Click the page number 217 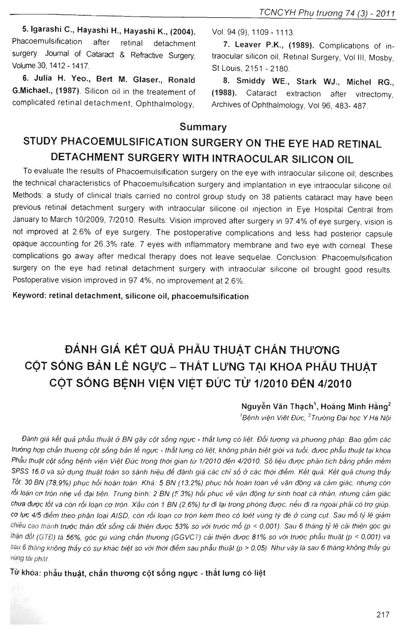383,614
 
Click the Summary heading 203,127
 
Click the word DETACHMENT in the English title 88,157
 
